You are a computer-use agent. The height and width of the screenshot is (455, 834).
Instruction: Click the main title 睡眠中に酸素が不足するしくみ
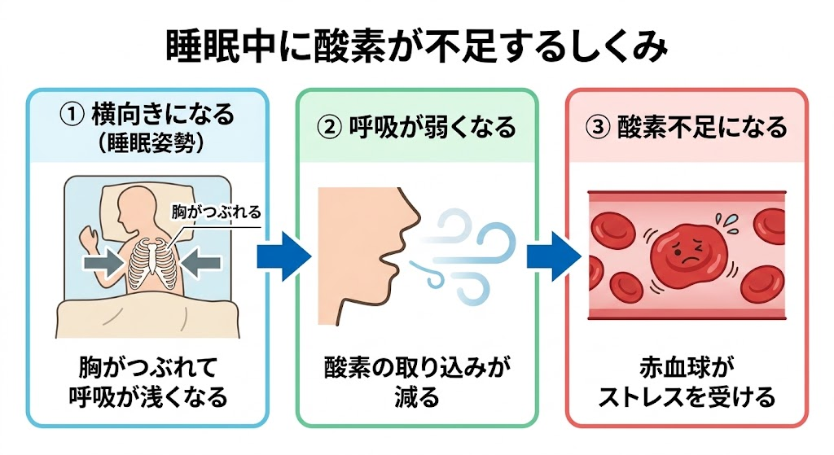pyautogui.click(x=416, y=46)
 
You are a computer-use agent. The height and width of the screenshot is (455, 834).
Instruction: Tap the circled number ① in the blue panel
pyautogui.click(x=72, y=114)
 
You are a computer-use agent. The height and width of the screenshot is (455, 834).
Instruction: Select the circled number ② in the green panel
pyautogui.click(x=329, y=128)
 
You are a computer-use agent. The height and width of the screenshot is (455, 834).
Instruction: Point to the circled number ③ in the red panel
pyautogui.click(x=597, y=128)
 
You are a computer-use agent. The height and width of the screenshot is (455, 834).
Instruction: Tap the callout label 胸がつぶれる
pyautogui.click(x=216, y=212)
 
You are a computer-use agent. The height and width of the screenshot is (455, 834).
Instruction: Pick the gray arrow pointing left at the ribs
pyautogui.click(x=200, y=263)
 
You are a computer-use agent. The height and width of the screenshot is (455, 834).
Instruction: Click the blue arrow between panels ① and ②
pyautogui.click(x=284, y=256)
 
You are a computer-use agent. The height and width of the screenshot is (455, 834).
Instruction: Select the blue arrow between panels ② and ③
pyautogui.click(x=554, y=256)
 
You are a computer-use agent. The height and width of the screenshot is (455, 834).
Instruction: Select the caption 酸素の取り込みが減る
pyautogui.click(x=416, y=383)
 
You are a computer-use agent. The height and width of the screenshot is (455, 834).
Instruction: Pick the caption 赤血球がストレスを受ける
pyautogui.click(x=687, y=383)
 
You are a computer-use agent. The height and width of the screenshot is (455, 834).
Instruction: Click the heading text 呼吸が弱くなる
pyautogui.click(x=432, y=128)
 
